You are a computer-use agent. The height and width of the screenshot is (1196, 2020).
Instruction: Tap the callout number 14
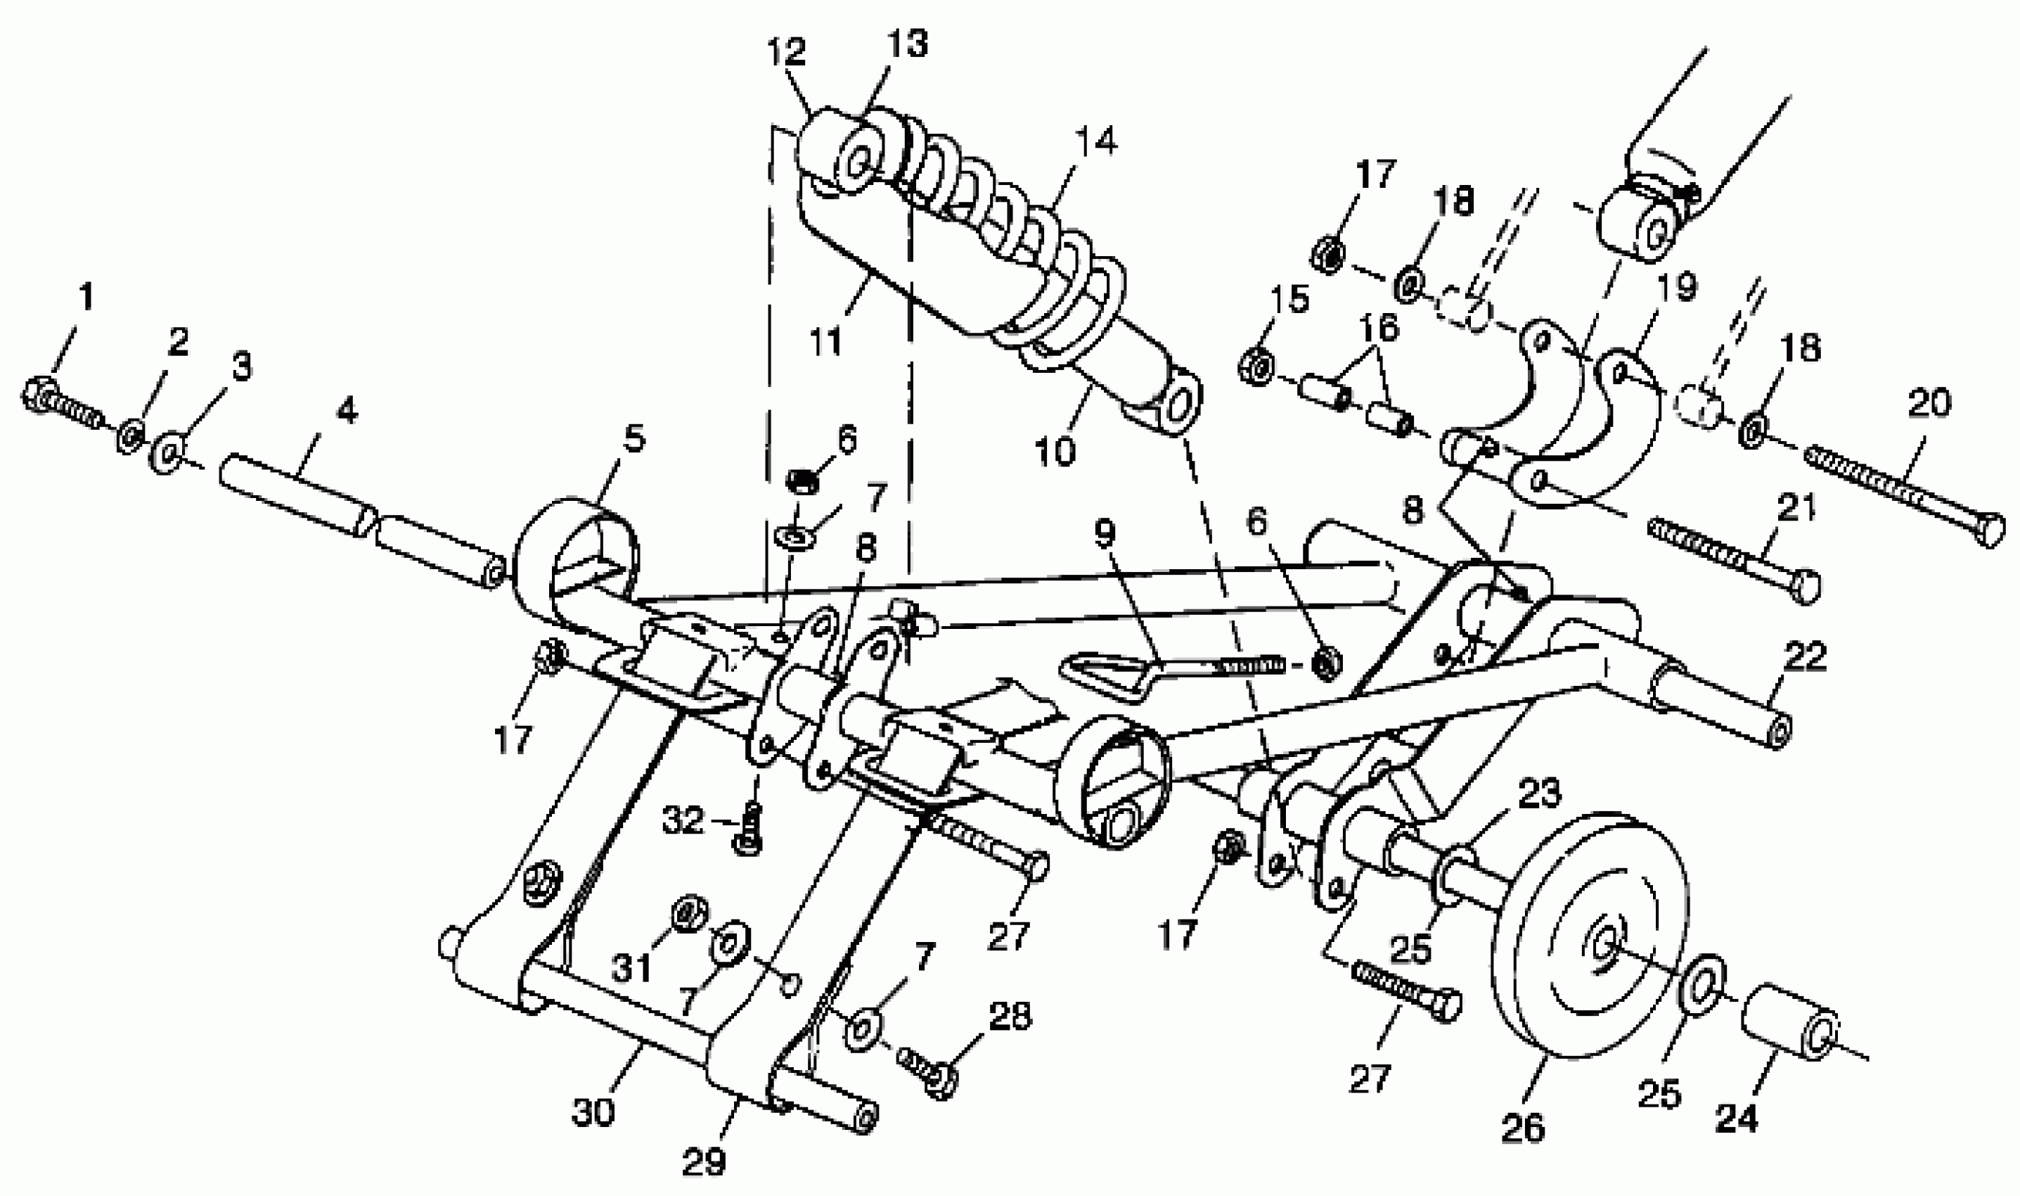pos(1095,141)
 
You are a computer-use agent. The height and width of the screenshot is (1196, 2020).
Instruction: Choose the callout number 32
pos(683,821)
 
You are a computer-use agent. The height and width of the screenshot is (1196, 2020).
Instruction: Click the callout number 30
pos(593,1112)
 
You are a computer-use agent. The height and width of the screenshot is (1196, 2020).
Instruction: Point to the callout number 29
pos(704,1162)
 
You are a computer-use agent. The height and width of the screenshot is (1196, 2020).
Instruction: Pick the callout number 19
pos(1677,286)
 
